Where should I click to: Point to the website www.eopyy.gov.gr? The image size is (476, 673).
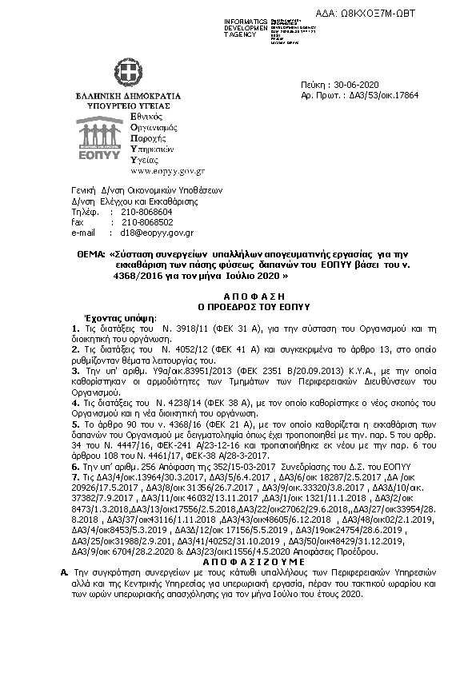point(167,171)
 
